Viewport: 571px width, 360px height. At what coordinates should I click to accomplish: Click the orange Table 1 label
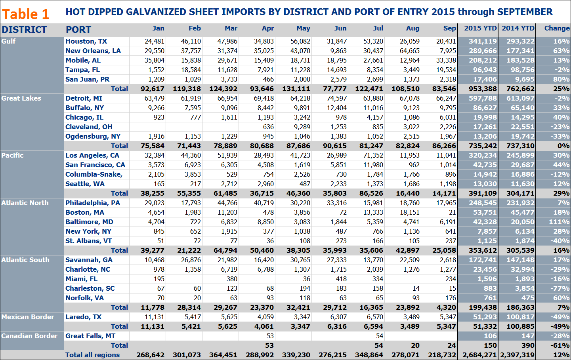point(25,14)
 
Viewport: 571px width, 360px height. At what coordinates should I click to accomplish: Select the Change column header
point(557,28)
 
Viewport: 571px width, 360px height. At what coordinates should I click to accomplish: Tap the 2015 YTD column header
point(480,28)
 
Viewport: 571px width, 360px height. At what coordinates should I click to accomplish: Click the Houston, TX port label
point(86,41)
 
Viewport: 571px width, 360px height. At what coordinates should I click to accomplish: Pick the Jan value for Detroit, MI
point(154,98)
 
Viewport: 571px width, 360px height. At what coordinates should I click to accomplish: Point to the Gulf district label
point(9,41)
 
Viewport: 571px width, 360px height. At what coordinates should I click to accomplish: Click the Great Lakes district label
point(21,98)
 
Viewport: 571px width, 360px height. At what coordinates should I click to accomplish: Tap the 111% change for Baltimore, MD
point(559,222)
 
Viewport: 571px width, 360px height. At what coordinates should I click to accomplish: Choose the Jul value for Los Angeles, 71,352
point(373,155)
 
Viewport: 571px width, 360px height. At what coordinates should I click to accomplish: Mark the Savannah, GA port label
point(89,260)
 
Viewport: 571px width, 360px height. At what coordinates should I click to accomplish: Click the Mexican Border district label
point(27,317)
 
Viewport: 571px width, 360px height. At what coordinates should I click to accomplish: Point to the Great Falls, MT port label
point(90,336)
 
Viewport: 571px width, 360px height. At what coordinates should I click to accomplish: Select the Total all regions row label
point(92,355)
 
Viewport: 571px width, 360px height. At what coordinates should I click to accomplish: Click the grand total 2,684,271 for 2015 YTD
point(479,355)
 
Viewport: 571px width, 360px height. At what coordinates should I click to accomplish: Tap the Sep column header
point(449,28)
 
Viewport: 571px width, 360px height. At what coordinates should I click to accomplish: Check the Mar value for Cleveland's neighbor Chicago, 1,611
point(229,117)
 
